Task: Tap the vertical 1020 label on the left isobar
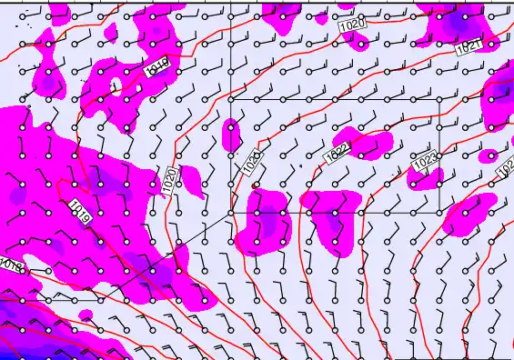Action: [x=169, y=179]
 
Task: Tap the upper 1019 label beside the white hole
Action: [x=157, y=65]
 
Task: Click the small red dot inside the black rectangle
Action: [x=255, y=185]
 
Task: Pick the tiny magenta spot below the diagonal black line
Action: [x=86, y=315]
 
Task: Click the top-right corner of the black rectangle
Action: [x=440, y=98]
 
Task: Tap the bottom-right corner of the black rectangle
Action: [x=440, y=213]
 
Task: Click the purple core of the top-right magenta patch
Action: [x=455, y=20]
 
